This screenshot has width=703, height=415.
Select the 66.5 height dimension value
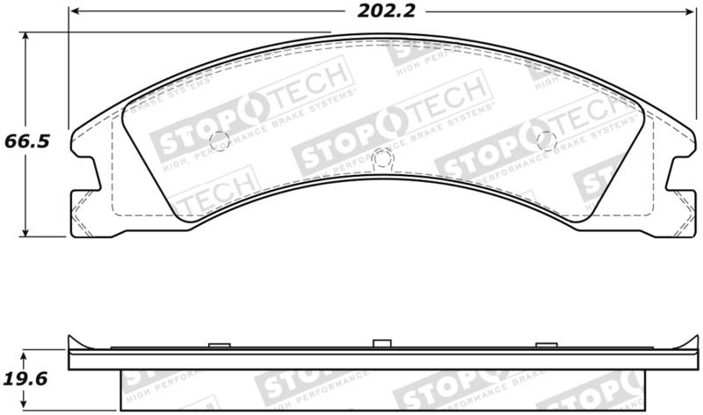tap(24, 141)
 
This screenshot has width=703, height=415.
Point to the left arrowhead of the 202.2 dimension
tap(74, 12)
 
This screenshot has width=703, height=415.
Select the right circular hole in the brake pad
tap(547, 138)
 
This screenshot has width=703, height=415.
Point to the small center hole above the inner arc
tap(381, 157)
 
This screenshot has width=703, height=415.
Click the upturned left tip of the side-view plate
tap(70, 339)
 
